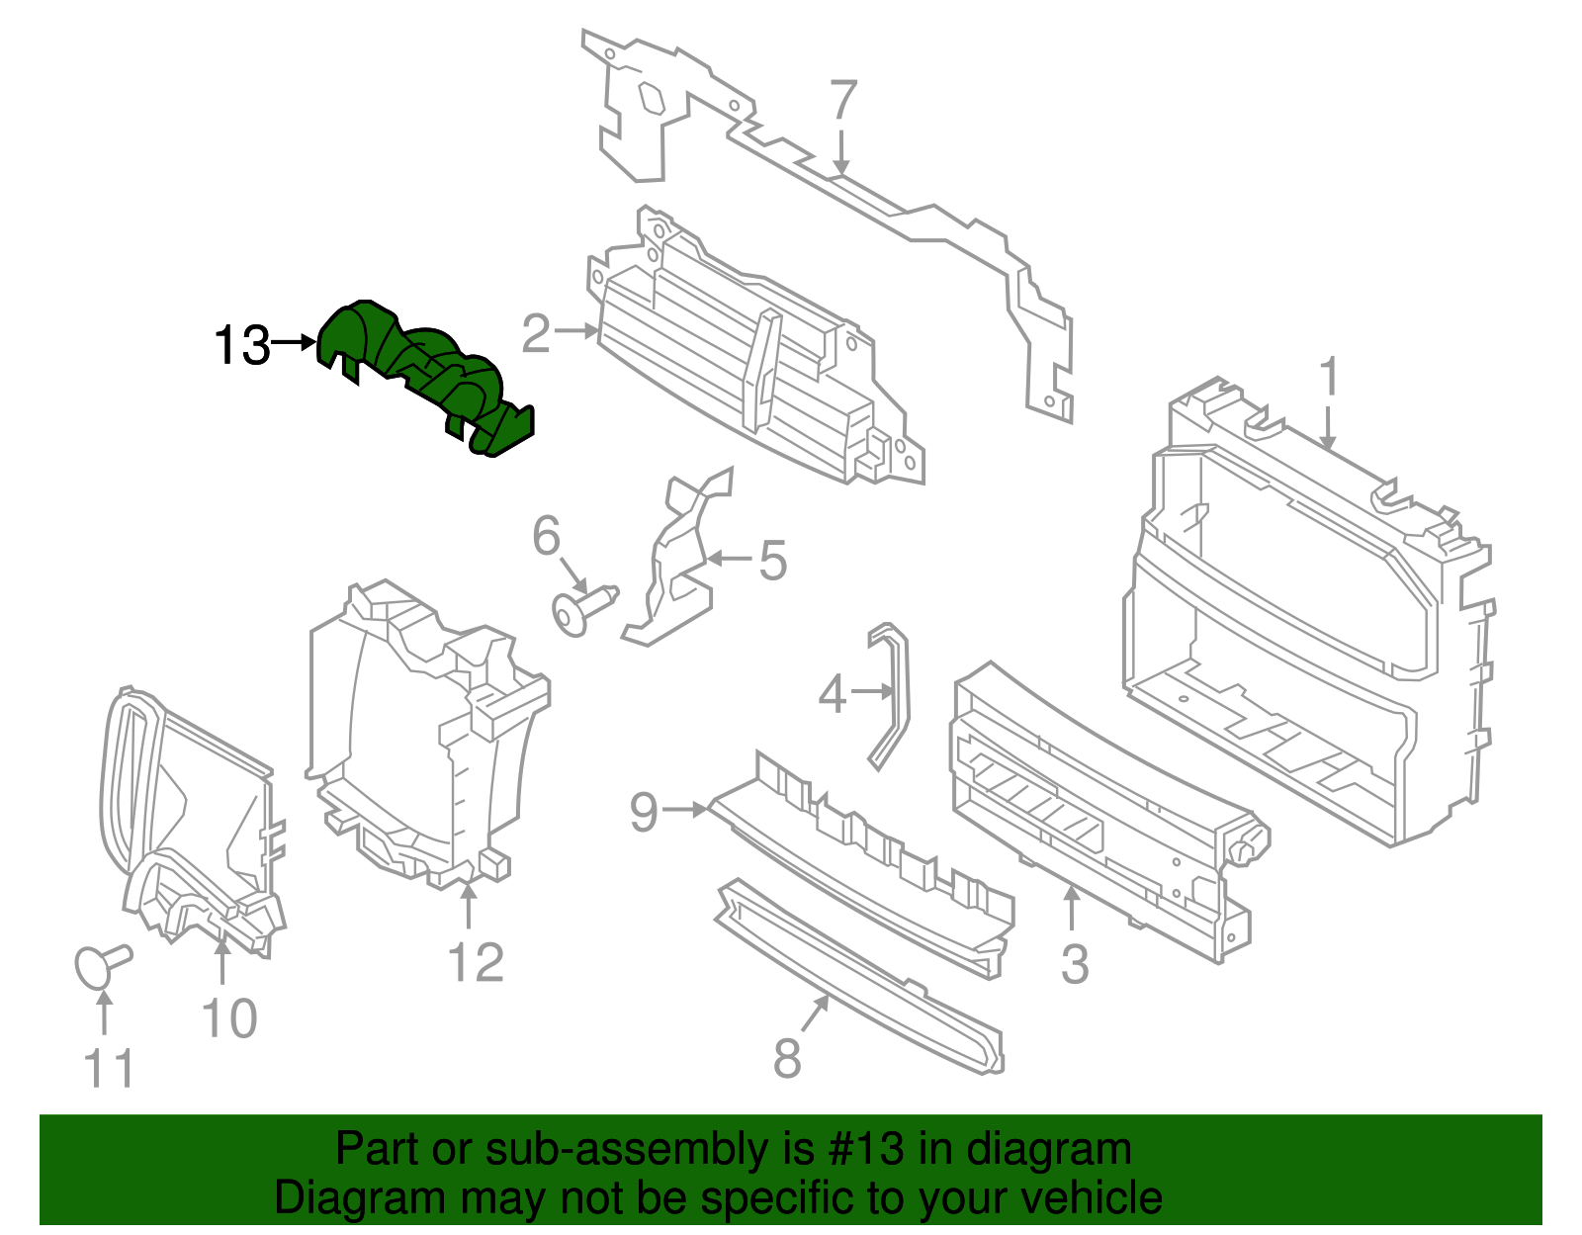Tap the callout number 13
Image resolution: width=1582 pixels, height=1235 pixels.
(242, 346)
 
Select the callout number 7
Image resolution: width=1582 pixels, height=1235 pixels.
(842, 101)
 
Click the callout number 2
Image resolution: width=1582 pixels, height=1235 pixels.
(536, 334)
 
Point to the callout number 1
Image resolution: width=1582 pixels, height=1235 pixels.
(1329, 378)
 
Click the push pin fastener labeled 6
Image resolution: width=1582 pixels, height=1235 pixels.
(583, 606)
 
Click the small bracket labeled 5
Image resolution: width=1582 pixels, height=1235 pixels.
(677, 564)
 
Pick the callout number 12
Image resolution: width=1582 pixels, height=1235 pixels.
(476, 962)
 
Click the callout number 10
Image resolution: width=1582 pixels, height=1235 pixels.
(229, 1018)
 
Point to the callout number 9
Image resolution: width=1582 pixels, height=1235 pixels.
(644, 812)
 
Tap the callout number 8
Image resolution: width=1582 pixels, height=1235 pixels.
(786, 1059)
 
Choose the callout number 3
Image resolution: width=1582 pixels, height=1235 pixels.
(1074, 964)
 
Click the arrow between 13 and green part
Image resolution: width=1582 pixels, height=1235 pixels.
(294, 343)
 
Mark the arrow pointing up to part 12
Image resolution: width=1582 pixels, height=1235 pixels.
(468, 905)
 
